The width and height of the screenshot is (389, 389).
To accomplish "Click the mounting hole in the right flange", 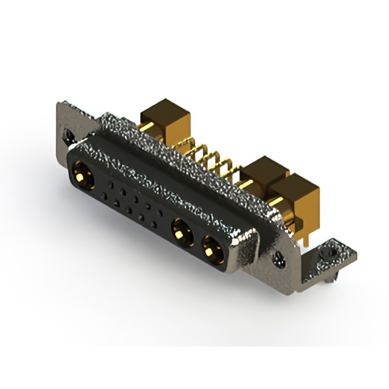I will [280, 259].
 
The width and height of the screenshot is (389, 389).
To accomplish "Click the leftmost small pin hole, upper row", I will [110, 182].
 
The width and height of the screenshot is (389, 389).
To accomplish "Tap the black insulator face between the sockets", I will [137, 207].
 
